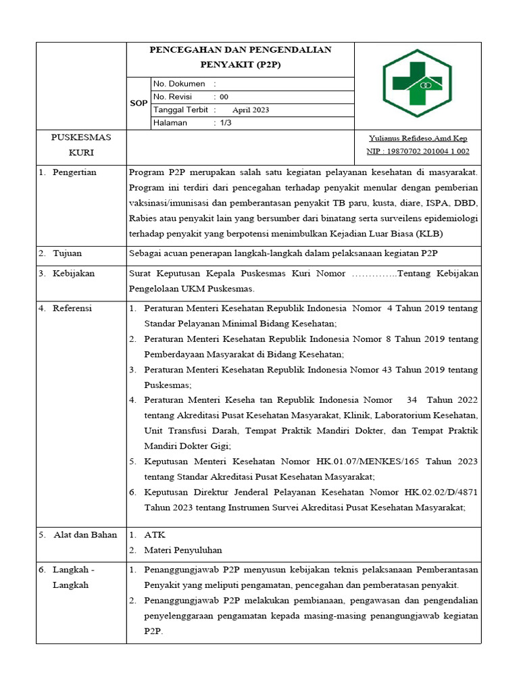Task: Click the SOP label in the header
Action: (139, 103)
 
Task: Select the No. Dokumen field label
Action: (179, 84)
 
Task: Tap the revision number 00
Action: (224, 97)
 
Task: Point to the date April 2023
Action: (250, 109)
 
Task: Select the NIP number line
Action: (418, 151)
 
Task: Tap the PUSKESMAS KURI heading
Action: (81, 145)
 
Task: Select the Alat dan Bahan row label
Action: (82, 535)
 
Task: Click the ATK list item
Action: (155, 535)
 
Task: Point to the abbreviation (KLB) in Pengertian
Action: (430, 234)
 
